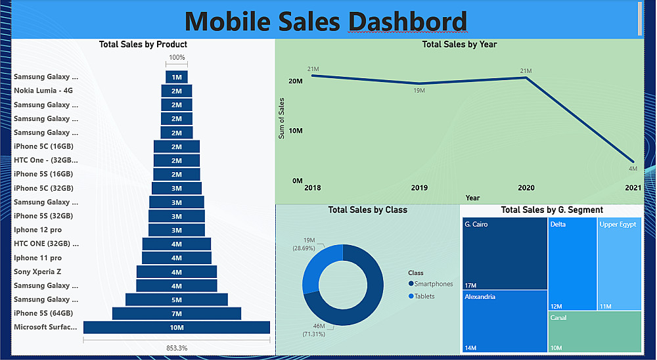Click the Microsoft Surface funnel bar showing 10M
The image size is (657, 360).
point(176,327)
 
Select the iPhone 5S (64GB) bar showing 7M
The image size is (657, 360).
point(176,313)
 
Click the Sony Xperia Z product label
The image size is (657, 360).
point(38,271)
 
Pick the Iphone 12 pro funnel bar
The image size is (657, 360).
point(176,230)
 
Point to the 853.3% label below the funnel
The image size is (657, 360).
point(176,348)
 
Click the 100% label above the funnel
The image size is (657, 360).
point(177,58)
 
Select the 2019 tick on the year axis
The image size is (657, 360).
point(419,188)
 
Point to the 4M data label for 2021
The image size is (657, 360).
point(633,169)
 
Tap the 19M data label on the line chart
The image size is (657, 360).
point(419,91)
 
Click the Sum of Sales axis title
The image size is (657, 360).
point(282,118)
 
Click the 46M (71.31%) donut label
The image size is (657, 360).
point(313,330)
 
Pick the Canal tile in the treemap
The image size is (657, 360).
point(594,332)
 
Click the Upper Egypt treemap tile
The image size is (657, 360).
point(619,263)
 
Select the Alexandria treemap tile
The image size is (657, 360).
point(505,321)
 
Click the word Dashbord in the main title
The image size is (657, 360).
point(407,21)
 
